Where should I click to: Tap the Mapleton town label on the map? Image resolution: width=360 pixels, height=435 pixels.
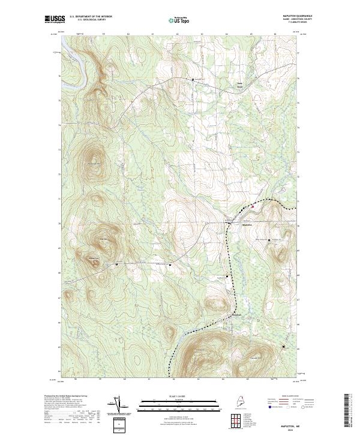(247, 225)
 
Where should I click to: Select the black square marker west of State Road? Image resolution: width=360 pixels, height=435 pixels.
(193, 79)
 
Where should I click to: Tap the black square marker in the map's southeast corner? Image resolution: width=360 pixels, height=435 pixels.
(284, 347)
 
